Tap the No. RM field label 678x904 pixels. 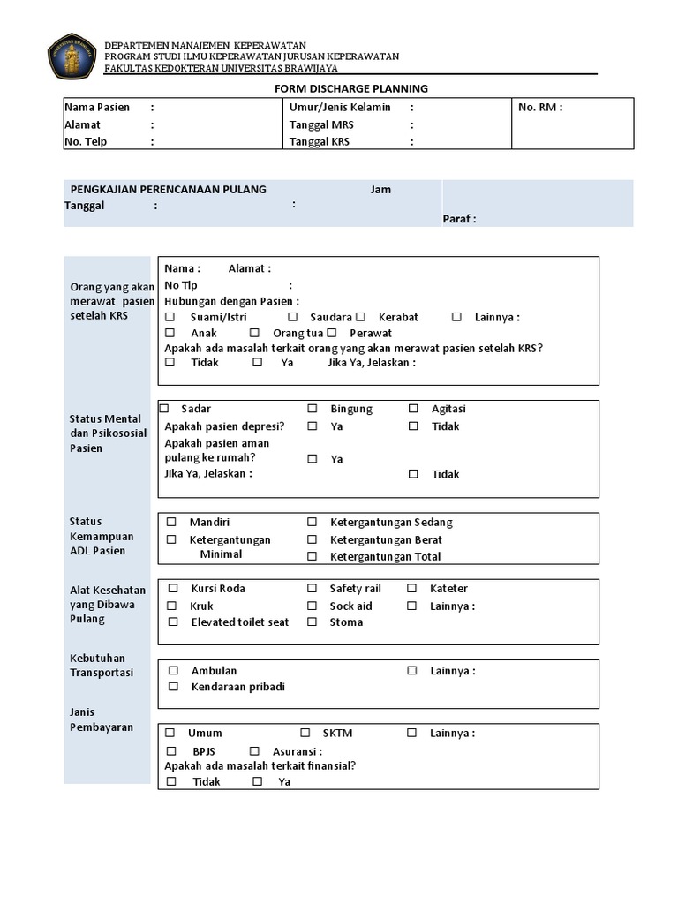point(540,108)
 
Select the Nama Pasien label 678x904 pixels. point(97,108)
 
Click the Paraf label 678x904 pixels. point(459,219)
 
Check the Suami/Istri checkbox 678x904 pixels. point(170,317)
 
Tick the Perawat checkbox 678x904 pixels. point(332,334)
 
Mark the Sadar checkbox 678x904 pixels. point(165,409)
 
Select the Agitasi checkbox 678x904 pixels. point(413,409)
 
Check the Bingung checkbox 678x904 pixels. point(313,409)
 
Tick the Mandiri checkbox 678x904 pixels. point(172,523)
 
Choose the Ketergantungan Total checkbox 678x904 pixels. point(313,556)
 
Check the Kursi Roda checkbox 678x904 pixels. point(172,589)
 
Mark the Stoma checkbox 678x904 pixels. point(313,622)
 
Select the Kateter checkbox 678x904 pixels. point(412,589)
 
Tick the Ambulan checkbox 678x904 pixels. point(174,671)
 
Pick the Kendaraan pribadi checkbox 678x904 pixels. point(174,687)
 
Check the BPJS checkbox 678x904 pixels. point(172,751)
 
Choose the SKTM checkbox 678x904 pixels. point(305,733)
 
